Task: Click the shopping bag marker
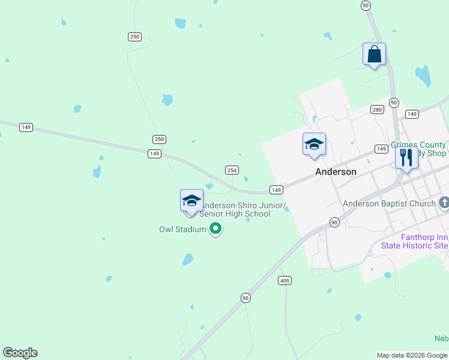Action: click(374, 55)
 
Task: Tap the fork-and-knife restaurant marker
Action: click(406, 158)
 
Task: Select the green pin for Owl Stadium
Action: click(215, 229)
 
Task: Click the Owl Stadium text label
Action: click(182, 229)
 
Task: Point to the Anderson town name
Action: click(336, 172)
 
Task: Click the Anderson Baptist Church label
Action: click(389, 204)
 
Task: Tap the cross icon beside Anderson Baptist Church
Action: click(444, 203)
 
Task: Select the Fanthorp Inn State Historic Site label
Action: click(414, 241)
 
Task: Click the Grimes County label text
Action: click(418, 145)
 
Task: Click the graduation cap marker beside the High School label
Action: click(191, 200)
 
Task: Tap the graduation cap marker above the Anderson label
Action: click(314, 145)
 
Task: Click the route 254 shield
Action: click(232, 170)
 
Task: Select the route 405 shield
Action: click(285, 280)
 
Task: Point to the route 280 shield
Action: click(377, 109)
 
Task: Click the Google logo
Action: click(20, 353)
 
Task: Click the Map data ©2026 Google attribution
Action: click(412, 355)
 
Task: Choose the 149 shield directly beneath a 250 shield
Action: click(155, 154)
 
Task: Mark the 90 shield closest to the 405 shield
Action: click(245, 298)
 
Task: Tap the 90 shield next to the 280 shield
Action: click(394, 103)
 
